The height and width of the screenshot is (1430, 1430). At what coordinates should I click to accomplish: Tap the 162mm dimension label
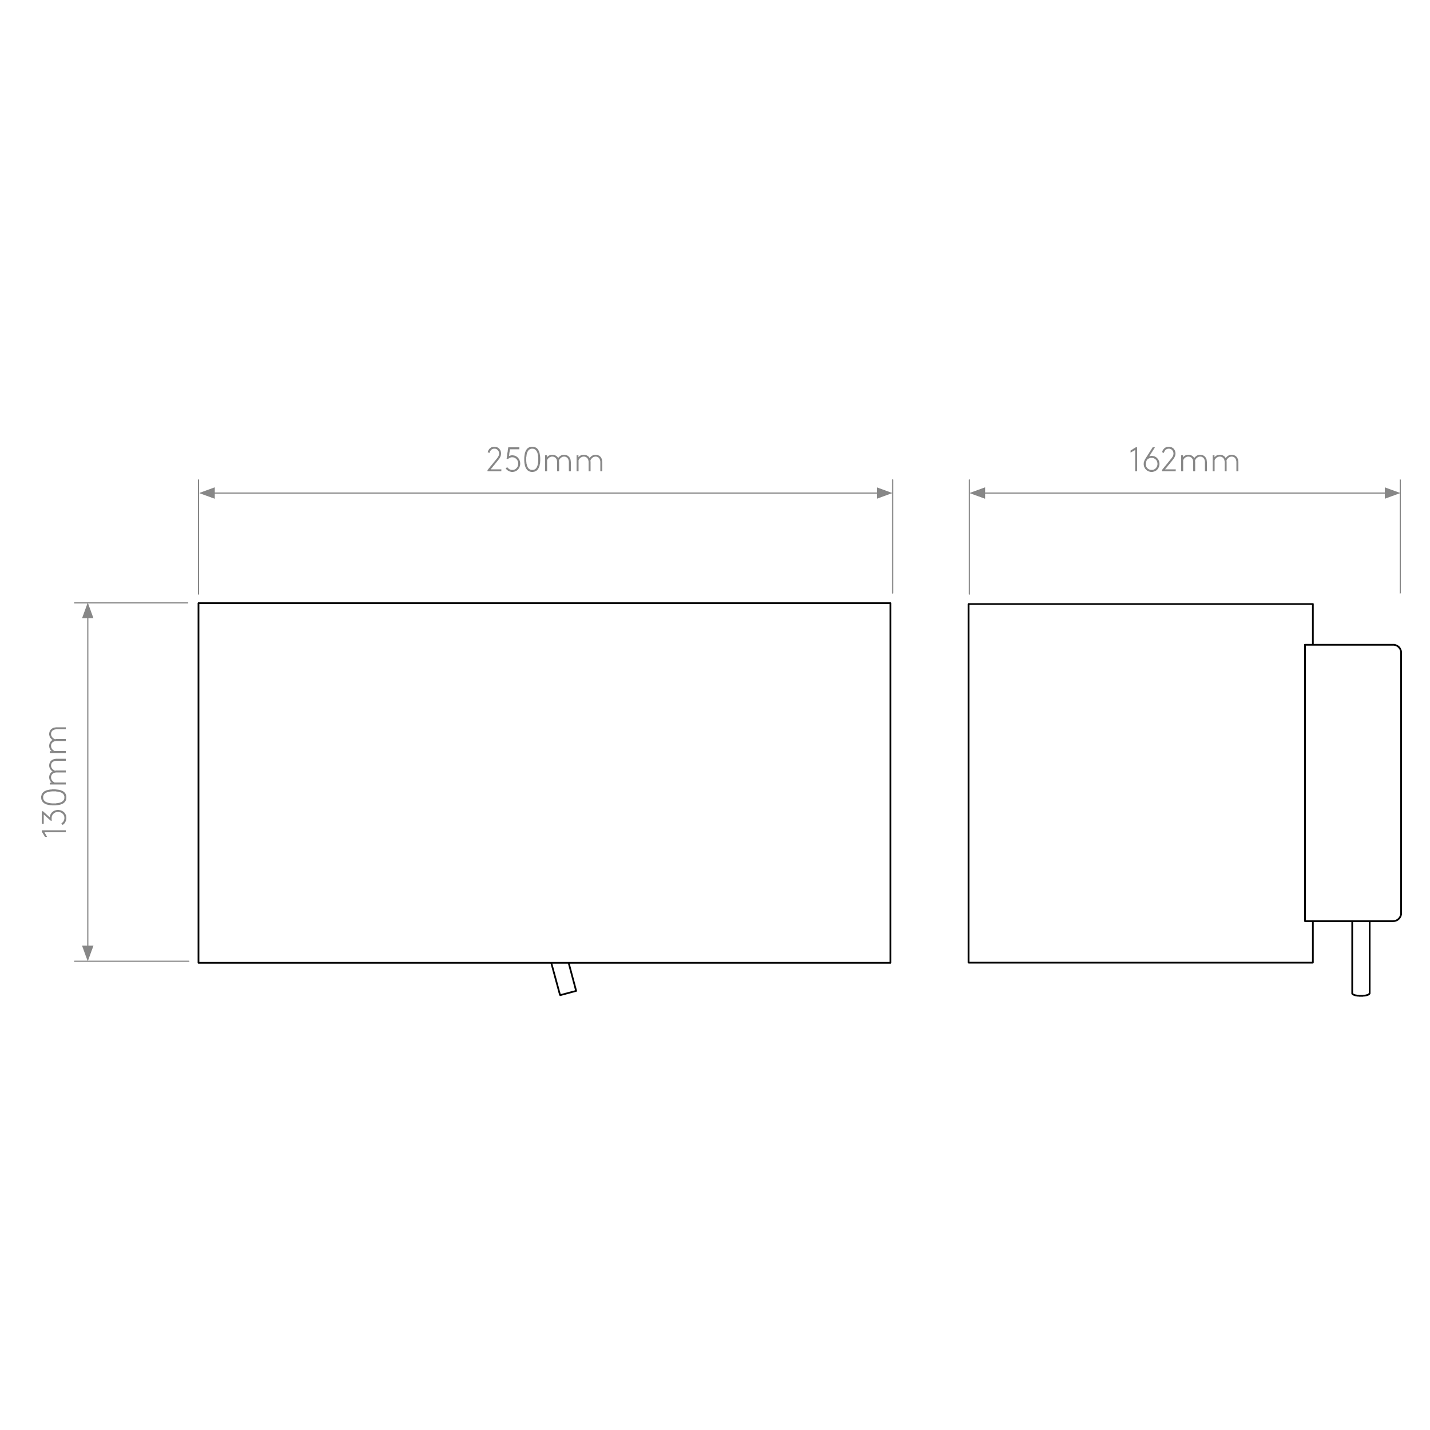[1183, 460]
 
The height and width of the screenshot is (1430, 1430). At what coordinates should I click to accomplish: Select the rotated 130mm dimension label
[55, 781]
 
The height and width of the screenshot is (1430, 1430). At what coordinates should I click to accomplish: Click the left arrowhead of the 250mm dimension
[207, 493]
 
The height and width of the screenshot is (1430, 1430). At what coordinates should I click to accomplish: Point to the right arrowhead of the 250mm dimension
[884, 493]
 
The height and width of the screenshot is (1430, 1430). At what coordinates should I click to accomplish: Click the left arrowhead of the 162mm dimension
[978, 493]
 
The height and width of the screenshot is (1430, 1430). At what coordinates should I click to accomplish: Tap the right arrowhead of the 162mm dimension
[1392, 493]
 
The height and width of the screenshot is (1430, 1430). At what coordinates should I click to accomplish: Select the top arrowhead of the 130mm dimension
[88, 611]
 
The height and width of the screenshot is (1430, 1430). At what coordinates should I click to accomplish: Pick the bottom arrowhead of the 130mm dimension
[88, 954]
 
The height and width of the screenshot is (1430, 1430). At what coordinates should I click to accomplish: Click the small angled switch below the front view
[563, 979]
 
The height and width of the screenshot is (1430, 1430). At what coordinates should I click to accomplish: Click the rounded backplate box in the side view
[1353, 783]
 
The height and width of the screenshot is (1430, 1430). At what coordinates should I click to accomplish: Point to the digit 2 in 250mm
[494, 460]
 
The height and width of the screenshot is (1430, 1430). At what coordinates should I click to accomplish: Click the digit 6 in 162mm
[1151, 460]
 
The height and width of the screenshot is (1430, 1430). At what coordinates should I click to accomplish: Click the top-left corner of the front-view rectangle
[198, 603]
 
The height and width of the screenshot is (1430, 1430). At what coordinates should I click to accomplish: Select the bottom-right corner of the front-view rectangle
[891, 963]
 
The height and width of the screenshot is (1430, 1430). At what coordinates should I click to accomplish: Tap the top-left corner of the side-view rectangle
[969, 604]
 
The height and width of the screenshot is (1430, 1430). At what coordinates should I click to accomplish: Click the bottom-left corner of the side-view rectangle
[969, 963]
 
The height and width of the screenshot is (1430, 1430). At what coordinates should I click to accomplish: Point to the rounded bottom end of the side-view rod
[1360, 995]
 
